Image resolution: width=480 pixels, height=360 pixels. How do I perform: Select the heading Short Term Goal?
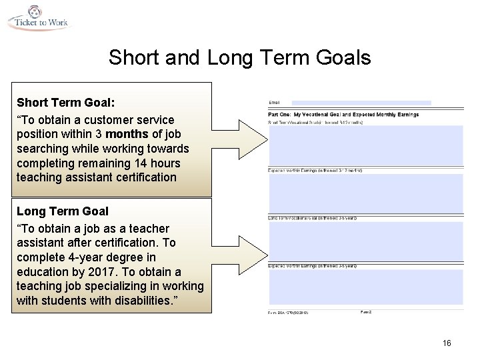[65, 103]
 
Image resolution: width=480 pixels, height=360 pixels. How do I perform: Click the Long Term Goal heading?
[62, 211]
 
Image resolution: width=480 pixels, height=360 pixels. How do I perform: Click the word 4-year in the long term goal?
[83, 257]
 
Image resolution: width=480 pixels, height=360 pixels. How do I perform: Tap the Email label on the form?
[274, 103]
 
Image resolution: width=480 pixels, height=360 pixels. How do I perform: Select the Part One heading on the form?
[343, 114]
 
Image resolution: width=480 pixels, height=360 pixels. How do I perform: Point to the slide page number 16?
[447, 343]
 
